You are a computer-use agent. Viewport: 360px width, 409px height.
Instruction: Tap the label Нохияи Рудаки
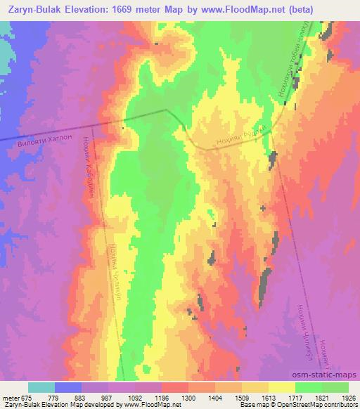tap(240, 137)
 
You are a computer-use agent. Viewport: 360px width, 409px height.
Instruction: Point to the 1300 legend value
tap(190, 398)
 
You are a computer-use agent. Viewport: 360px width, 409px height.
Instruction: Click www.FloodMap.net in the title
tap(238, 8)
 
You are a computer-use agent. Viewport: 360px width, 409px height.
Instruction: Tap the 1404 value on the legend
tap(216, 398)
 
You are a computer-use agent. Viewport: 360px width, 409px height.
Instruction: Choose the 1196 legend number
tap(163, 398)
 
